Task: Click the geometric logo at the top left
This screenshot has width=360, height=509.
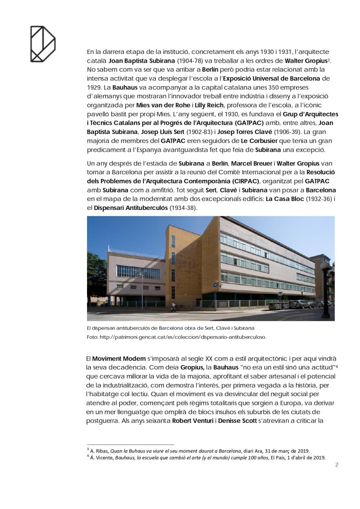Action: (x=42, y=44)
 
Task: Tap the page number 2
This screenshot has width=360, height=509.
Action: (x=337, y=464)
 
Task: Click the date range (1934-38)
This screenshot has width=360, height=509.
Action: (x=183, y=208)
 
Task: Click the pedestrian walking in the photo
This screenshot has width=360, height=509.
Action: (x=173, y=306)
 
